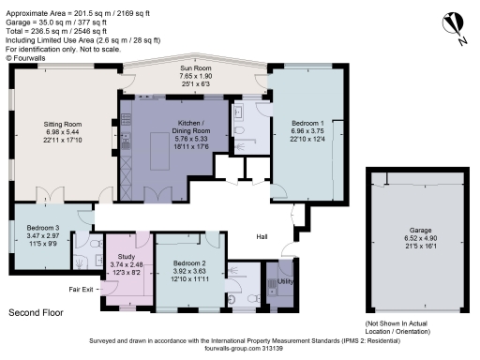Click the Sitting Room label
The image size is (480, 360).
click(65, 123)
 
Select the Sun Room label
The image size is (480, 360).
click(196, 70)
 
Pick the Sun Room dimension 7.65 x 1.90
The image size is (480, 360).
click(196, 79)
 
